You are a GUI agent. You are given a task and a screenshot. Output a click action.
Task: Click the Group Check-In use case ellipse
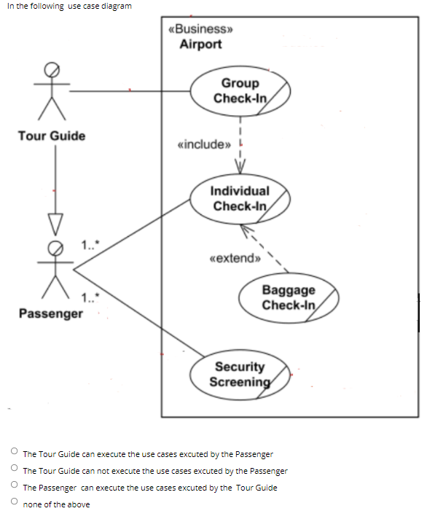click(x=240, y=90)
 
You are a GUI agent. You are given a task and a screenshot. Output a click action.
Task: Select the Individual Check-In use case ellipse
click(x=240, y=198)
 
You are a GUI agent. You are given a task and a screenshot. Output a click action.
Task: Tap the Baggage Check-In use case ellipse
click(x=289, y=297)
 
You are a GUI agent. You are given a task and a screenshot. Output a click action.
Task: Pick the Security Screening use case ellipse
click(x=240, y=374)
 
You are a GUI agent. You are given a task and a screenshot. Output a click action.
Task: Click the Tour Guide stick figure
click(x=51, y=90)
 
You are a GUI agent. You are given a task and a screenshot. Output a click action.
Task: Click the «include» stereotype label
click(x=203, y=144)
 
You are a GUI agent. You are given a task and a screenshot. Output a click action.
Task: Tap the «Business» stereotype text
click(x=200, y=29)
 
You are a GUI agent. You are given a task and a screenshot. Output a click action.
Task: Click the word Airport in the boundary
click(x=200, y=44)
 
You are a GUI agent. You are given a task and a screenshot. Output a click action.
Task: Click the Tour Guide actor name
click(x=51, y=136)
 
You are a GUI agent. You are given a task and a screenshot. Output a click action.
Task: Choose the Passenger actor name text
click(x=51, y=313)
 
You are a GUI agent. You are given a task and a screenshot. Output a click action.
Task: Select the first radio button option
click(x=13, y=453)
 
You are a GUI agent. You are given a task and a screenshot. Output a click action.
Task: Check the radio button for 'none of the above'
click(x=13, y=503)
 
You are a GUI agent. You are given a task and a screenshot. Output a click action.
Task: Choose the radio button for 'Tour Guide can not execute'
click(x=13, y=469)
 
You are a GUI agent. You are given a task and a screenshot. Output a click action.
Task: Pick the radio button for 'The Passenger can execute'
click(x=13, y=486)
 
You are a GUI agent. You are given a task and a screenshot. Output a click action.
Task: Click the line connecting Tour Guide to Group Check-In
click(x=131, y=91)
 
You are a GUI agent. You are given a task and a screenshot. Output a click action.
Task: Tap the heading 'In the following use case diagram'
click(x=70, y=6)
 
